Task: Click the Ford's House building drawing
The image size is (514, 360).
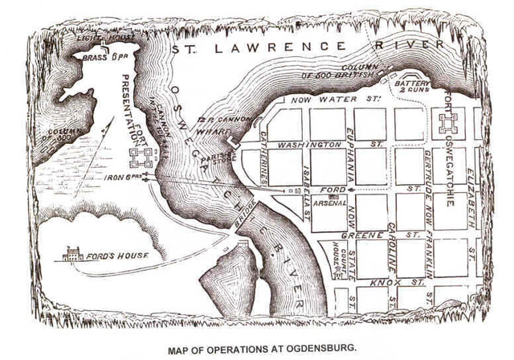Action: [73, 254]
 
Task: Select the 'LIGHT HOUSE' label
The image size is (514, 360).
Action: [96, 38]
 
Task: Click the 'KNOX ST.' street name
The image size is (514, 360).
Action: [385, 282]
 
